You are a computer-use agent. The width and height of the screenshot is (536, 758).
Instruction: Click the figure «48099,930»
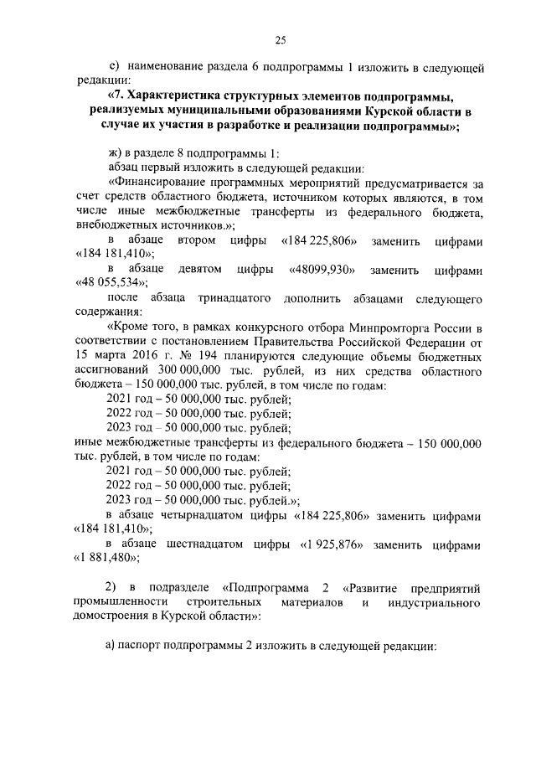pyautogui.click(x=322, y=271)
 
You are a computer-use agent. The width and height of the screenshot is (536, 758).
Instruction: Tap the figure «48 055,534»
pyautogui.click(x=108, y=286)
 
